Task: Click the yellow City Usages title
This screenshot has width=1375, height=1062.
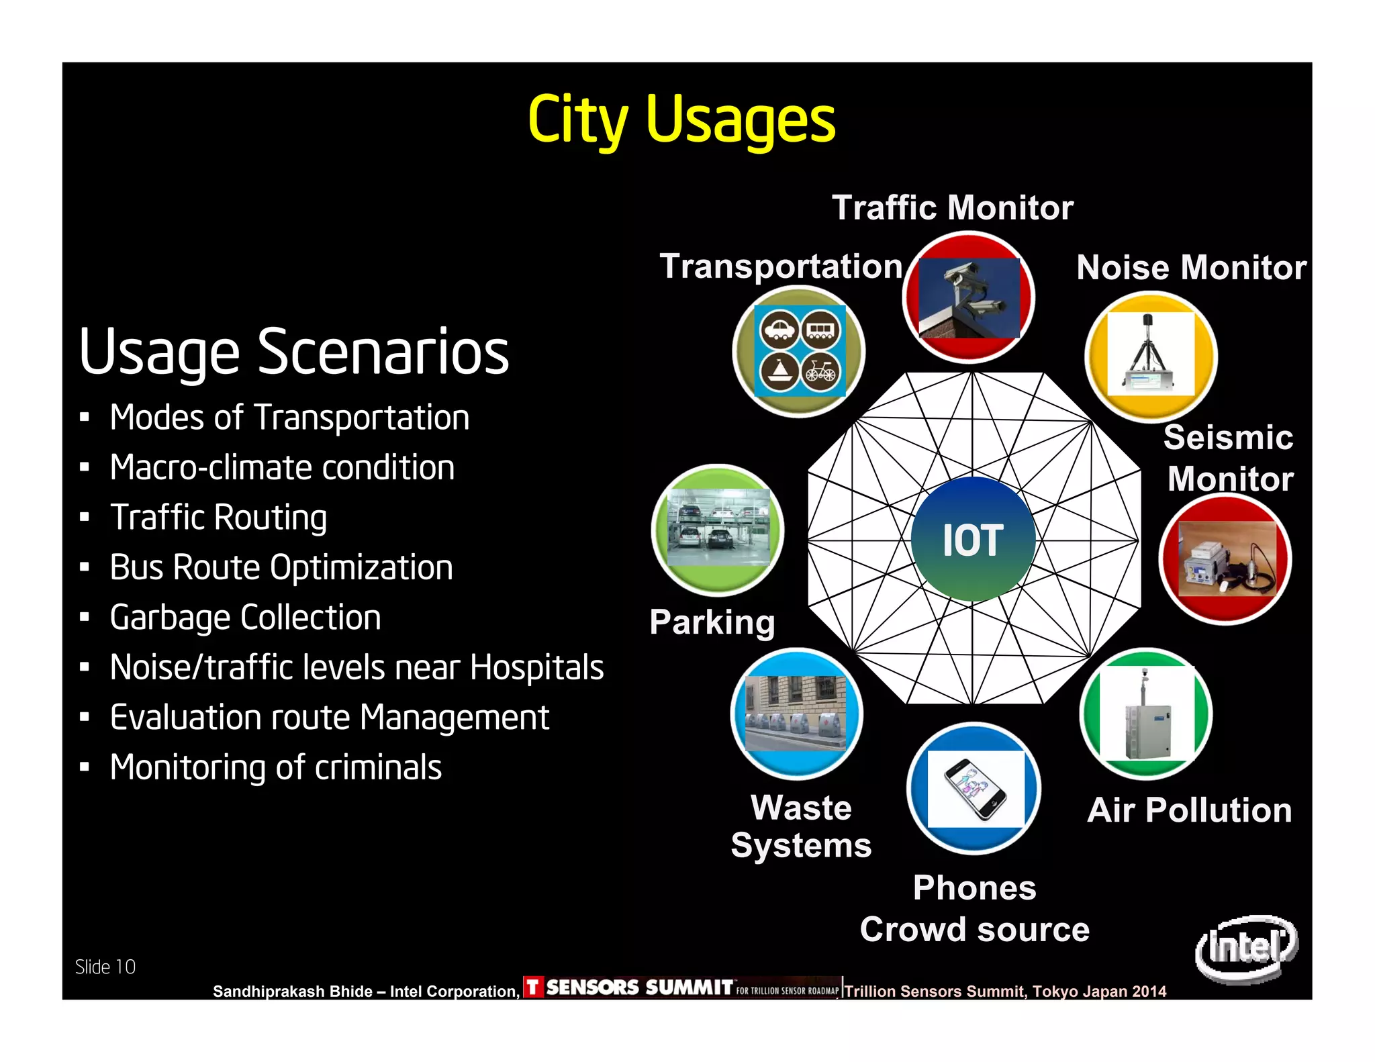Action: click(x=681, y=120)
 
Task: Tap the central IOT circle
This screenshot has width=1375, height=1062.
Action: click(x=973, y=539)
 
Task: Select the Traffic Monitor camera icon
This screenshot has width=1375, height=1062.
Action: click(x=968, y=297)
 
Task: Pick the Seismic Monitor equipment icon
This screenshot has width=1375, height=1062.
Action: click(x=1225, y=559)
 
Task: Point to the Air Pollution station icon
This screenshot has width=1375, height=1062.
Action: click(x=1147, y=713)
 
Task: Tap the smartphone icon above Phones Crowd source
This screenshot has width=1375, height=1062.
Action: click(x=975, y=788)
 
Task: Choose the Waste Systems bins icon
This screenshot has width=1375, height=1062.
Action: click(x=796, y=713)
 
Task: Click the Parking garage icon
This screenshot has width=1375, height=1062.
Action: click(x=718, y=529)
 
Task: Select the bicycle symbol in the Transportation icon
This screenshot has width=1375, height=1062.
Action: click(x=820, y=371)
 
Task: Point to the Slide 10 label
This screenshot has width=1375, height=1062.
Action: click(x=105, y=967)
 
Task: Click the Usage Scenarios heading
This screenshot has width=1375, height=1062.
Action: click(x=294, y=352)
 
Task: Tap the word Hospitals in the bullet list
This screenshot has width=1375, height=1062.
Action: click(x=536, y=667)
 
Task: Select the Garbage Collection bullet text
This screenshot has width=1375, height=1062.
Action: click(x=245, y=618)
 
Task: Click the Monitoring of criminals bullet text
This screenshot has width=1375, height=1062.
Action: click(x=275, y=767)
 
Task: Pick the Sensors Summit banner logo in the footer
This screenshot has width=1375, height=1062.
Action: click(x=681, y=987)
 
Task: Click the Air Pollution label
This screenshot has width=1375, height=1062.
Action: click(x=1189, y=810)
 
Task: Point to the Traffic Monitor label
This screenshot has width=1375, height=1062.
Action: click(x=952, y=207)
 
